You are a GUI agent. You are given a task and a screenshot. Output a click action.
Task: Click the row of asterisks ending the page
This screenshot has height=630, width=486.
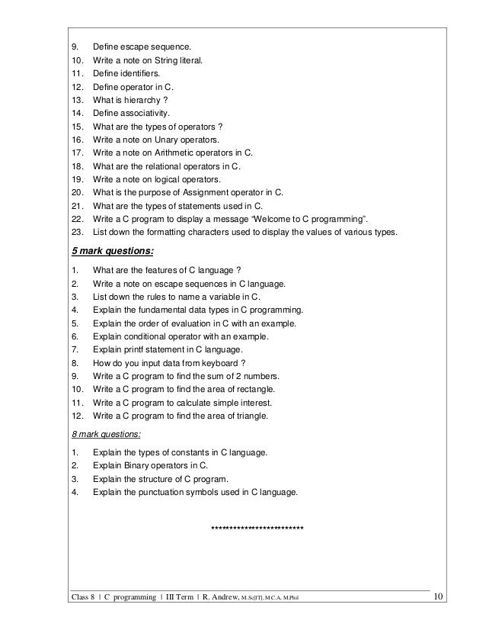pyautogui.click(x=257, y=528)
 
